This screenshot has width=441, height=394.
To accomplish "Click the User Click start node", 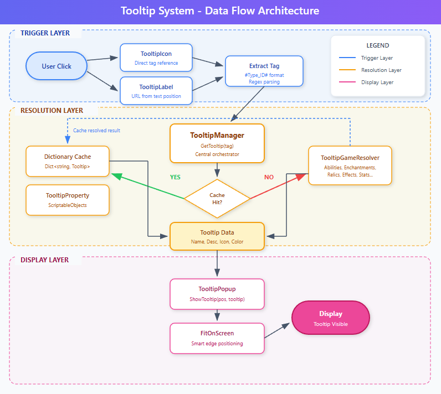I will [57, 66].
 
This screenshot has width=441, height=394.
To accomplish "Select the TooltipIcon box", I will [156, 58].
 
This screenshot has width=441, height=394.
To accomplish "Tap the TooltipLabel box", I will [156, 91].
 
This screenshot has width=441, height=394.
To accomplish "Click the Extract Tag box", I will [264, 71].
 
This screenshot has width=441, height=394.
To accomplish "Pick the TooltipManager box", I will [217, 143].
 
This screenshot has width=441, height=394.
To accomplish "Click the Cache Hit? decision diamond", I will [217, 198].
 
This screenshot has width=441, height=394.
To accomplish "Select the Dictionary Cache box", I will [68, 161].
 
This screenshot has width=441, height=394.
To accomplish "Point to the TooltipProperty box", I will [68, 200].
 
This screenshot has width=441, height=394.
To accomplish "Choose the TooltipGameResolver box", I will [350, 165].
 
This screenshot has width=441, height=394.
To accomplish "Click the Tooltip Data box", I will [217, 236].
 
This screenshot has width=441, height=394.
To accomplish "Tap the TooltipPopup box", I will [217, 294].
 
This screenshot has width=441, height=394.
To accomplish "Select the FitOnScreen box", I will [217, 338].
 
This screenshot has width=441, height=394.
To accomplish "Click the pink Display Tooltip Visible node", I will [330, 318].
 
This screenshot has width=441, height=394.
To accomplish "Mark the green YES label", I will [175, 178].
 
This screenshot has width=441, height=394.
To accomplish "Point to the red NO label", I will [269, 178].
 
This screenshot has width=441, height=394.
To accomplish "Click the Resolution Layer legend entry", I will [381, 70].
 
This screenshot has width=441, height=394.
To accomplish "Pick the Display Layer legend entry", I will [377, 82].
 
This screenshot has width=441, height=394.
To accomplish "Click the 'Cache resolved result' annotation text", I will [97, 131].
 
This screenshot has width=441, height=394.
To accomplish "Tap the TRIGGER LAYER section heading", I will [45, 33].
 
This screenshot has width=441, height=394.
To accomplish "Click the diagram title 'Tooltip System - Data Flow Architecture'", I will [220, 11].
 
